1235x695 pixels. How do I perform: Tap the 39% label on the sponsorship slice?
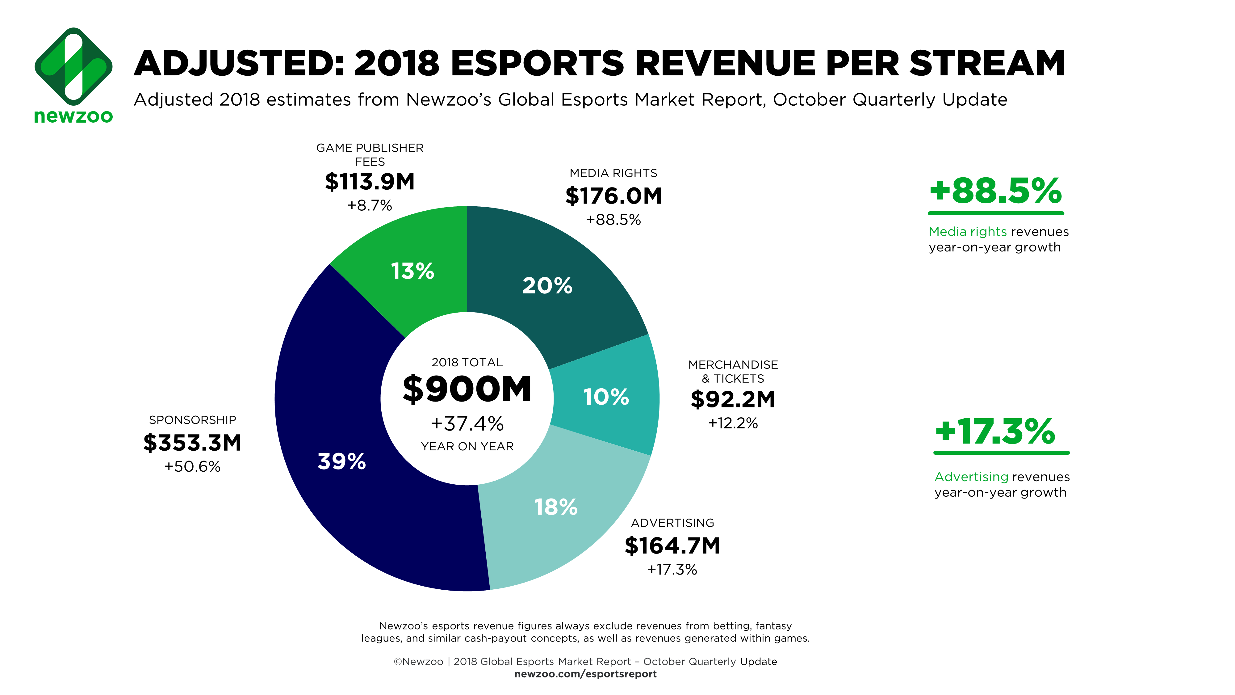pyautogui.click(x=342, y=461)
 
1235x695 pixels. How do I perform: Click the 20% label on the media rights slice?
pyautogui.click(x=547, y=286)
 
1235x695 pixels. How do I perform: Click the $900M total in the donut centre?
pyautogui.click(x=467, y=389)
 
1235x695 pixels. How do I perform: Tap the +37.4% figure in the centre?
pyautogui.click(x=467, y=423)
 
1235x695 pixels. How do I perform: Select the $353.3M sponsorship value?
pyautogui.click(x=192, y=443)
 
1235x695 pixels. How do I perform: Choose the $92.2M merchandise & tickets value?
pyautogui.click(x=733, y=399)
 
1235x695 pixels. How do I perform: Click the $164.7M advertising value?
pyautogui.click(x=672, y=546)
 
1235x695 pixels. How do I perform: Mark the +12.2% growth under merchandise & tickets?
pyautogui.click(x=733, y=423)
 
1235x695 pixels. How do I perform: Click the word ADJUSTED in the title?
pyautogui.click(x=238, y=64)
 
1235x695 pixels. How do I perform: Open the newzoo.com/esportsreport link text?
pyautogui.click(x=585, y=674)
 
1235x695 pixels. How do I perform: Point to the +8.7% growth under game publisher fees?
pyautogui.click(x=370, y=206)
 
